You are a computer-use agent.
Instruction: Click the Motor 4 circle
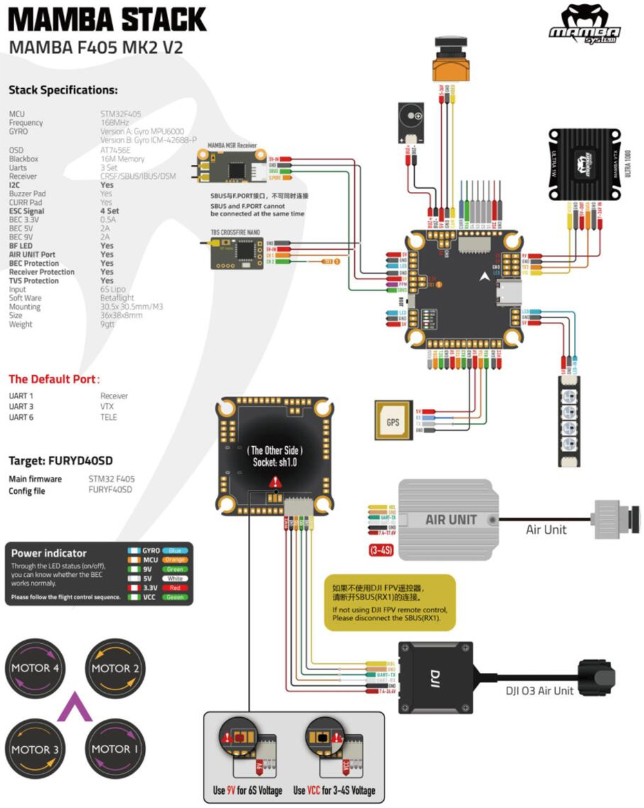pyautogui.click(x=35, y=668)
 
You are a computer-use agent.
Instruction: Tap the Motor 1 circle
pyautogui.click(x=115, y=749)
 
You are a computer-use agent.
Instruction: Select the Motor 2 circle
pyautogui.click(x=115, y=668)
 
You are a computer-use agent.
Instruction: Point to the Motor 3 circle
pyautogui.click(x=35, y=749)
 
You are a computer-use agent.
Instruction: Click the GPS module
pyautogui.click(x=393, y=422)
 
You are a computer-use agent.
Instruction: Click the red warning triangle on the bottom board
pyautogui.click(x=275, y=482)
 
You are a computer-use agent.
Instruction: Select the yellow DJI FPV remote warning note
pyautogui.click(x=390, y=602)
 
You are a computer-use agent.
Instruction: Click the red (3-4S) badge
pyautogui.click(x=381, y=550)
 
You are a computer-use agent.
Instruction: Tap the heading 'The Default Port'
pyautogui.click(x=53, y=379)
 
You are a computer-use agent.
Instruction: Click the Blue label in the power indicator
pyautogui.click(x=175, y=550)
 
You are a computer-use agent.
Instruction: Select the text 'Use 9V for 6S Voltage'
pyautogui.click(x=247, y=790)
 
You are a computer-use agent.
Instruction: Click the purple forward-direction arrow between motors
pyautogui.click(x=75, y=707)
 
